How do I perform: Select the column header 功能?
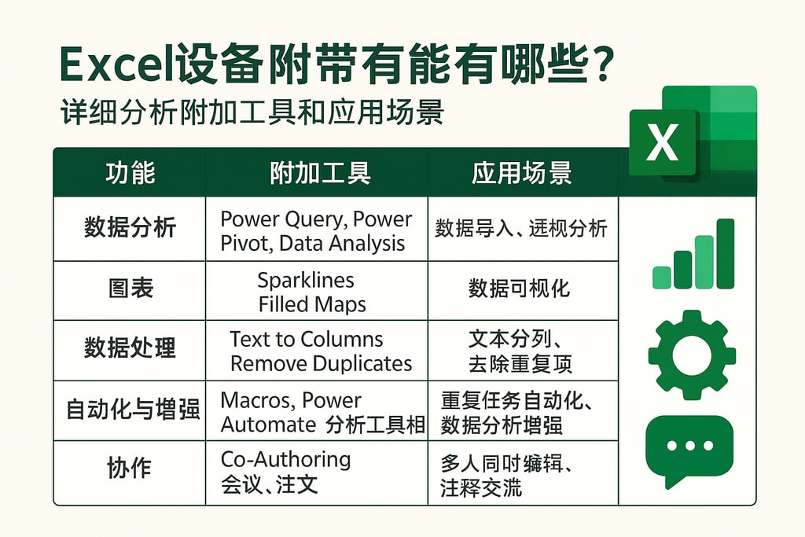click(x=130, y=173)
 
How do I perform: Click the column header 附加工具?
click(x=319, y=173)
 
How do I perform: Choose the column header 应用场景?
click(x=522, y=173)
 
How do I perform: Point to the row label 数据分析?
click(x=130, y=229)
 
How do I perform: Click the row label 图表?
click(x=130, y=289)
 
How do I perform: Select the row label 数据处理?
click(x=130, y=348)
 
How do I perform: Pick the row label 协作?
click(x=129, y=469)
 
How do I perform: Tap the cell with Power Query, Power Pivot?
click(x=315, y=230)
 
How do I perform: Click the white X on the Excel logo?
click(x=663, y=143)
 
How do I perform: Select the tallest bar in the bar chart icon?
click(x=725, y=253)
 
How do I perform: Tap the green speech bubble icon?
click(x=688, y=448)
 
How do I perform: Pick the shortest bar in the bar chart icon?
click(x=662, y=278)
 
